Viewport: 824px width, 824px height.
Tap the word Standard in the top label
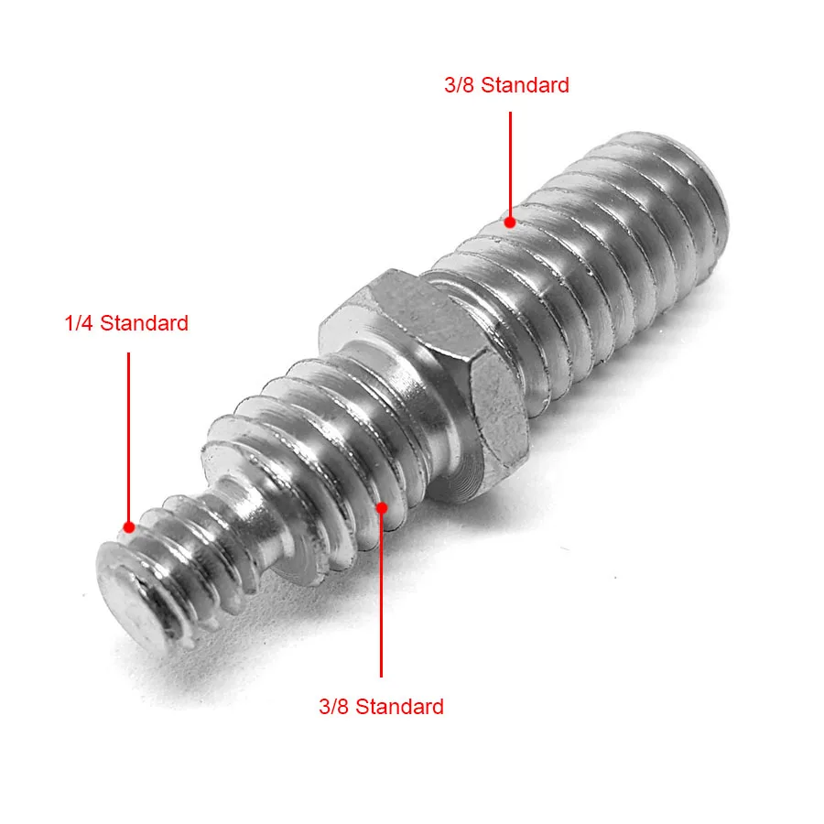click(525, 86)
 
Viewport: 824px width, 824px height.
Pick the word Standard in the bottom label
click(399, 707)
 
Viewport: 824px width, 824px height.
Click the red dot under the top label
click(510, 222)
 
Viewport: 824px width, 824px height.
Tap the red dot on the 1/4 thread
click(129, 526)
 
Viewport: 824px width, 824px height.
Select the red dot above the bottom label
click(382, 505)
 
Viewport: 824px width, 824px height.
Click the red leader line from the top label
click(510, 165)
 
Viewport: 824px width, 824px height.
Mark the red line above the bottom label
click(382, 595)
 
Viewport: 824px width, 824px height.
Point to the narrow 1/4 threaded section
click(183, 558)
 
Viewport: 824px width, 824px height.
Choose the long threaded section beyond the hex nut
click(595, 266)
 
